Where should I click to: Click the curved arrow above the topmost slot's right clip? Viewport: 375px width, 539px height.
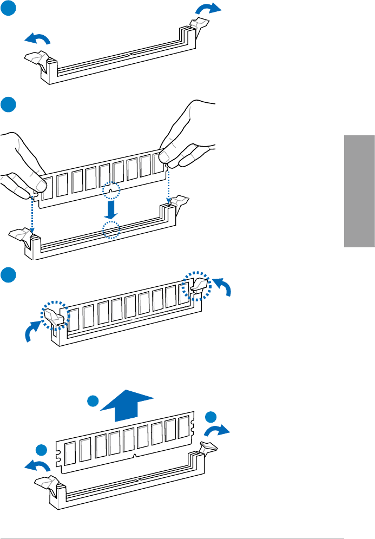(x=208, y=8)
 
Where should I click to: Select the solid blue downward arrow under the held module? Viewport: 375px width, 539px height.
(x=110, y=208)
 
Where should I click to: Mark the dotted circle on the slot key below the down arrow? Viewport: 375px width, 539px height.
(x=111, y=230)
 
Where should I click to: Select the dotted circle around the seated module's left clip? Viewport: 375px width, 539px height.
(x=55, y=315)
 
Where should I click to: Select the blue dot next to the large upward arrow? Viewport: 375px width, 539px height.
(x=94, y=402)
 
